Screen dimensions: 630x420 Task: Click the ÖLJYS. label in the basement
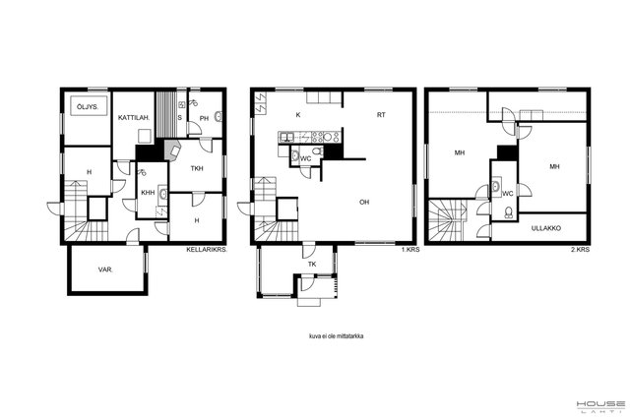(88, 107)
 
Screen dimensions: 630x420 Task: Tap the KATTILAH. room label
(134, 118)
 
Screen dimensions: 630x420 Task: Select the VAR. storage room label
(105, 270)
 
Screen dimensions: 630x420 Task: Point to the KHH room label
(148, 193)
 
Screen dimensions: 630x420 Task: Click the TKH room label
(197, 168)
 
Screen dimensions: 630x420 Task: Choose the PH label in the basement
(204, 118)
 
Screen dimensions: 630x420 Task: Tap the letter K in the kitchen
(298, 115)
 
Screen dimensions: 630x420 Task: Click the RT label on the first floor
(381, 115)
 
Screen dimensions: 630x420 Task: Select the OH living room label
(364, 202)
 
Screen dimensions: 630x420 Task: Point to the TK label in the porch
(312, 265)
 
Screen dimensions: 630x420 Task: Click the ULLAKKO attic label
(546, 228)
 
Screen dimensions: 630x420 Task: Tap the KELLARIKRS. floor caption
(207, 250)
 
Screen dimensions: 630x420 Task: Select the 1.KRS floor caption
(410, 250)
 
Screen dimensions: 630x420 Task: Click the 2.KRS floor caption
(581, 250)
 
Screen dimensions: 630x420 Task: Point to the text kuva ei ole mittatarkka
(337, 336)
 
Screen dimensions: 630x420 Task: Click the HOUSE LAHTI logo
(600, 406)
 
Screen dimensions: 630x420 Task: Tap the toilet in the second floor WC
(509, 212)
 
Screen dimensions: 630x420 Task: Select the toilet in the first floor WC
(317, 151)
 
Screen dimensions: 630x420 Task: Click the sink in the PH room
(219, 117)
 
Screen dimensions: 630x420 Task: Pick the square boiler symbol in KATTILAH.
(145, 136)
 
